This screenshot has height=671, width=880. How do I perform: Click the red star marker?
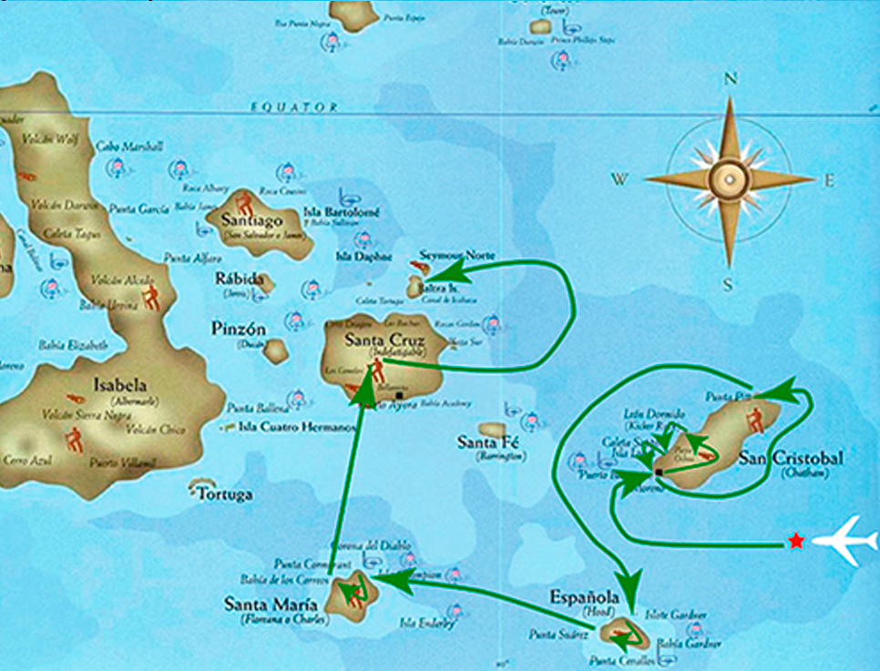click(x=796, y=542)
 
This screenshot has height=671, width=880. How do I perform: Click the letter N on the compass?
click(x=729, y=79)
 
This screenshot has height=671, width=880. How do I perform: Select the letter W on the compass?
click(x=619, y=179)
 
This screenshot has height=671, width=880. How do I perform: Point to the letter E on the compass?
click(x=829, y=180)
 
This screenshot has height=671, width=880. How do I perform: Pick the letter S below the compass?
click(x=728, y=285)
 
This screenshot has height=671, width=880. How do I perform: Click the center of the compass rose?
click(x=729, y=178)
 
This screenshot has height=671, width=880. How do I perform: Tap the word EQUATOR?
click(x=294, y=107)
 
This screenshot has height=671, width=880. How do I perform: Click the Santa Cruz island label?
click(x=381, y=341)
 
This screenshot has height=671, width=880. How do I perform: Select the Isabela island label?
click(x=119, y=385)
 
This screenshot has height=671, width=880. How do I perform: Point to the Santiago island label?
click(x=251, y=220)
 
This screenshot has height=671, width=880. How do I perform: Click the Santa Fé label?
click(x=488, y=443)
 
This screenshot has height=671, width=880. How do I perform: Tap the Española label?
click(x=584, y=597)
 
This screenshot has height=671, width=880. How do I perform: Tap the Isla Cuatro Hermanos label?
click(x=293, y=426)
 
